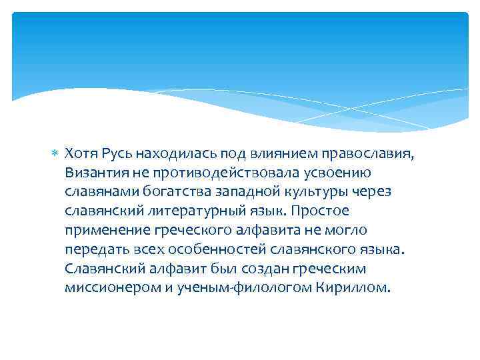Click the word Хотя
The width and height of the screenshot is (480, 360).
click(82, 154)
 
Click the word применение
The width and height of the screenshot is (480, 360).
click(105, 231)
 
